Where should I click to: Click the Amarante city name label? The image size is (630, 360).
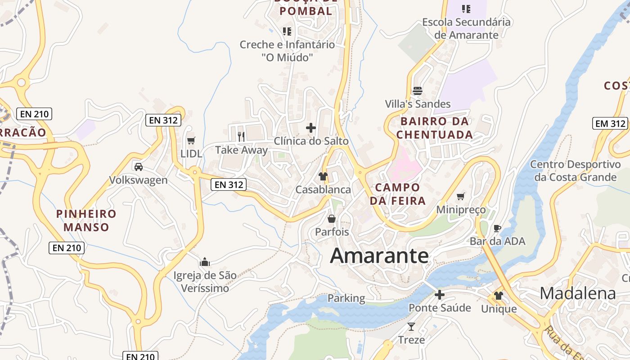pyautogui.click(x=379, y=256)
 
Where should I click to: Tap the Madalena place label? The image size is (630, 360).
pyautogui.click(x=578, y=293)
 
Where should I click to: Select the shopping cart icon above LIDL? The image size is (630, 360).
pyautogui.click(x=191, y=141)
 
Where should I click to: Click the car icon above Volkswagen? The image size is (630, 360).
pyautogui.click(x=139, y=167)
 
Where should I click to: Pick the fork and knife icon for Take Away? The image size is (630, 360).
pyautogui.click(x=241, y=136)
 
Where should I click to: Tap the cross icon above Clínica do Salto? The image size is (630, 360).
pyautogui.click(x=311, y=128)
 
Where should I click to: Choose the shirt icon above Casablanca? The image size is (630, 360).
pyautogui.click(x=323, y=176)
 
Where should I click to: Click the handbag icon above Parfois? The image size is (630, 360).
pyautogui.click(x=332, y=219)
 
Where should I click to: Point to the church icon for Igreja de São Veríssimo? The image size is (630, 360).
pyautogui.click(x=205, y=261)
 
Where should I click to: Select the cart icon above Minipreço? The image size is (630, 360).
pyautogui.click(x=460, y=197)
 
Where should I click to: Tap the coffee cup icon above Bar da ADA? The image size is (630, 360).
pyautogui.click(x=497, y=228)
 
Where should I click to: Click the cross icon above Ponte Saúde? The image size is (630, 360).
pyautogui.click(x=440, y=295)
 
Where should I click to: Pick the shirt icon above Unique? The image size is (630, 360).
pyautogui.click(x=499, y=296)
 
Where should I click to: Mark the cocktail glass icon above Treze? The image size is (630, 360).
pyautogui.click(x=411, y=326)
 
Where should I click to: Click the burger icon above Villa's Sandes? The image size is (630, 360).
pyautogui.click(x=417, y=90)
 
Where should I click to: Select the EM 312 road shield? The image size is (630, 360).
pyautogui.click(x=610, y=123)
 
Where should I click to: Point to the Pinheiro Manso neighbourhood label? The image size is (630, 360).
pyautogui.click(x=86, y=220)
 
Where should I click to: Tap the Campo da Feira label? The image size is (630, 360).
pyautogui.click(x=398, y=194)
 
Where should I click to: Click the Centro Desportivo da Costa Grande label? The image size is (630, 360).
pyautogui.click(x=575, y=171)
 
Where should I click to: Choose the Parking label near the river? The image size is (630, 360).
pyautogui.click(x=346, y=298)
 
